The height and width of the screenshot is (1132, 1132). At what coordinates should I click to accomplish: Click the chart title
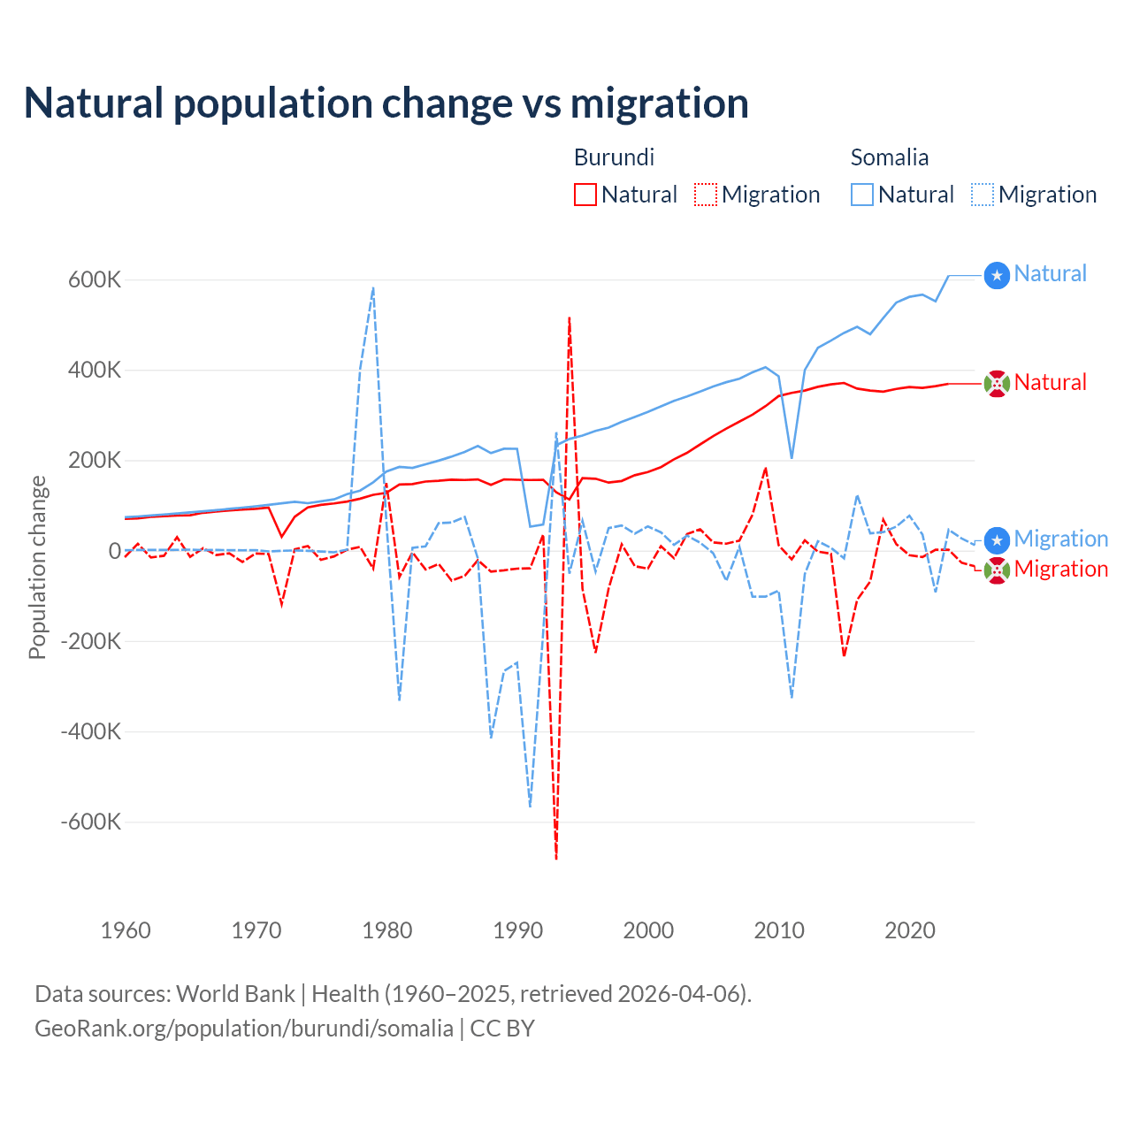386,103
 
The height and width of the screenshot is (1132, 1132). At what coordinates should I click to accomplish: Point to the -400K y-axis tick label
90,731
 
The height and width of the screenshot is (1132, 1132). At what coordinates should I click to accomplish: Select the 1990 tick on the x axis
518,930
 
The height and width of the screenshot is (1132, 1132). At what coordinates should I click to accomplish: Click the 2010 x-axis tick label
779,930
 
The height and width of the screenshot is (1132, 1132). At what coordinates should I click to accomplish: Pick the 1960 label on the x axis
126,930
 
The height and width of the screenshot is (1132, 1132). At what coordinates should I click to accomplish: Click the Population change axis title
37,568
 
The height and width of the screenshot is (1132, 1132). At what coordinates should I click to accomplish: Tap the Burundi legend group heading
614,157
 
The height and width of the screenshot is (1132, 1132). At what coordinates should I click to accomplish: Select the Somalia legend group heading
889,157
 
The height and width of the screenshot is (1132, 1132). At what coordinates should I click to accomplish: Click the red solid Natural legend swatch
585,195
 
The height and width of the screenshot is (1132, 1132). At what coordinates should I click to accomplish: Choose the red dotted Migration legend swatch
706,195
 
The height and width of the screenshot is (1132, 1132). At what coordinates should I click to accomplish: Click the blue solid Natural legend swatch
862,195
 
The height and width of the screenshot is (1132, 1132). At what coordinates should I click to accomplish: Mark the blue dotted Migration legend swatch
983,195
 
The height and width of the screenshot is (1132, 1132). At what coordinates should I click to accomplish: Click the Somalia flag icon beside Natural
997,276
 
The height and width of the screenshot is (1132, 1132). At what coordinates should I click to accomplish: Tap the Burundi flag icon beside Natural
997,385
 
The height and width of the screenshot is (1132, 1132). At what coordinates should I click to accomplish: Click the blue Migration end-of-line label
1060,539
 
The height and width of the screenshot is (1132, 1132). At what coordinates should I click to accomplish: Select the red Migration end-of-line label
1060,569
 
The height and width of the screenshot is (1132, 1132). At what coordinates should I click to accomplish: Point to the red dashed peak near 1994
570,318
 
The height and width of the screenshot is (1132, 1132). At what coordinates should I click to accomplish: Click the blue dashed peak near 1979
373,288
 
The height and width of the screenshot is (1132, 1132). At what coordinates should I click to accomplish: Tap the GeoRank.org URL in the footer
244,1029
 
